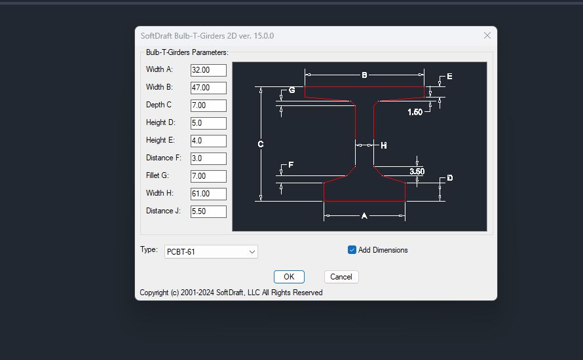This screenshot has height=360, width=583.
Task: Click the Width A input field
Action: pos(208,70)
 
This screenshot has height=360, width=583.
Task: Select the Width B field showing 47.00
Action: pos(208,88)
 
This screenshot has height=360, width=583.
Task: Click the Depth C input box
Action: pos(208,105)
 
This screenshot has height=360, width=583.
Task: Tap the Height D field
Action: pos(208,123)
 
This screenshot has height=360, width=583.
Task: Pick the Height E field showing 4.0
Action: pos(208,141)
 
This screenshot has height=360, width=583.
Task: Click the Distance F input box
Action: pos(208,158)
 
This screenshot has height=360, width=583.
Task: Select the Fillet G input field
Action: pos(208,176)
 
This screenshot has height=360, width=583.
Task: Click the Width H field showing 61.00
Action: pos(208,194)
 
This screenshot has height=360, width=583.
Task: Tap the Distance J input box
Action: pos(208,211)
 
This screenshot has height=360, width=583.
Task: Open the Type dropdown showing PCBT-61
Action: pos(212,252)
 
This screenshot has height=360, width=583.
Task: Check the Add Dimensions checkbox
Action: pos(352,250)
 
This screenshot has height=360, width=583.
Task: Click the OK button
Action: pos(289,277)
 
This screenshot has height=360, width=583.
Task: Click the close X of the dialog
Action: pos(487,35)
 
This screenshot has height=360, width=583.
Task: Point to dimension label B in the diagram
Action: pos(365,75)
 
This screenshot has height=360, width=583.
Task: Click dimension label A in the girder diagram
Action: pos(365,215)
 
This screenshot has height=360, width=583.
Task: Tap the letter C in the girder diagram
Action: pos(261,144)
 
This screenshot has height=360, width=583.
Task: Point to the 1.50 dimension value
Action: pos(415,112)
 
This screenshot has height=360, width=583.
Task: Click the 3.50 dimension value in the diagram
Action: pos(417,171)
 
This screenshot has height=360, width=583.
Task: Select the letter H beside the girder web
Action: pos(384,145)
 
